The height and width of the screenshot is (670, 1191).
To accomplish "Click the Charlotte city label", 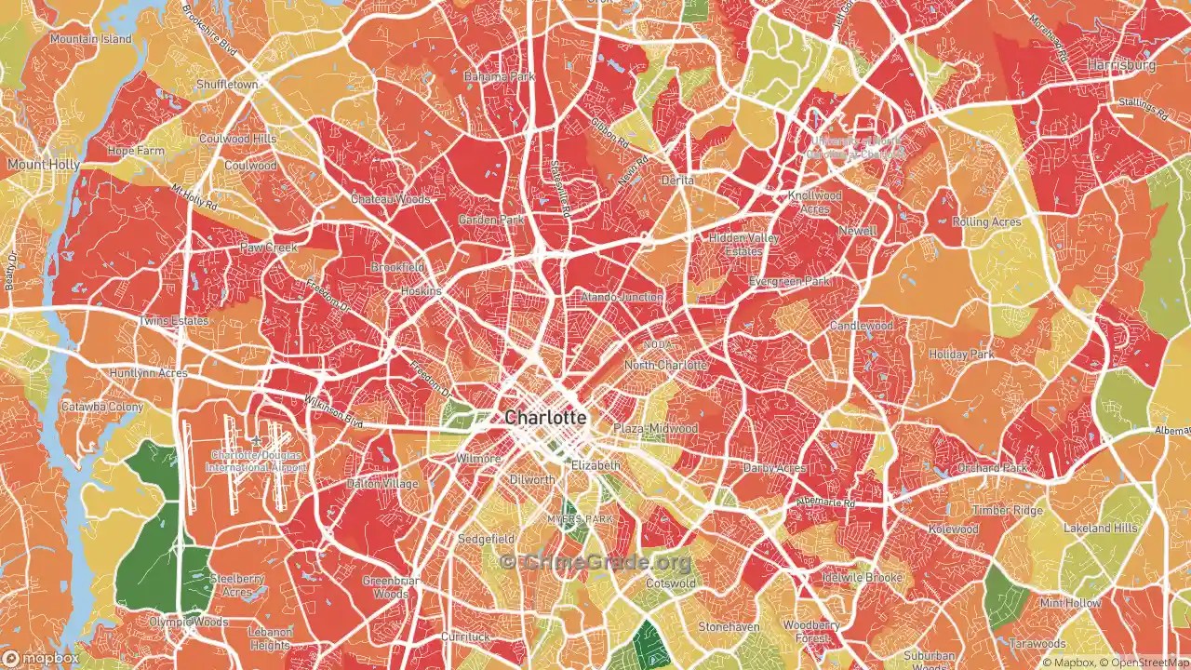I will (x=545, y=418).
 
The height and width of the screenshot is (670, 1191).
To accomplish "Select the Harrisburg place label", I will (x=1121, y=66).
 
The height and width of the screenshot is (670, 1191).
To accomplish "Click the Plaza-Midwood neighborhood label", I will (x=655, y=428).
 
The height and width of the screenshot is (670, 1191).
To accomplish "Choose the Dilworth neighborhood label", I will (x=532, y=480).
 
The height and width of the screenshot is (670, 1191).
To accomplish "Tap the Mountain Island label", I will (x=91, y=40).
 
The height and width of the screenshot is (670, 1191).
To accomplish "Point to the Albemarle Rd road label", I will (x=824, y=502).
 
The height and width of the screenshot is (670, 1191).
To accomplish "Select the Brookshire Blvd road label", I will (x=211, y=28).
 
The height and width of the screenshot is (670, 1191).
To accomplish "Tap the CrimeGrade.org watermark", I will (x=595, y=562).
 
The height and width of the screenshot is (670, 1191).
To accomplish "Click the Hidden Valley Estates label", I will (x=743, y=245).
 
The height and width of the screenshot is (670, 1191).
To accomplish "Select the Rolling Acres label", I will (x=986, y=222).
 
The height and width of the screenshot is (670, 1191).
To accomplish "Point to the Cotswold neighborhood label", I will (x=670, y=583).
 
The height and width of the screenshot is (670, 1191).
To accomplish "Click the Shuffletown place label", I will (x=226, y=85).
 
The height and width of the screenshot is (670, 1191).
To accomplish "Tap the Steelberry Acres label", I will (x=236, y=584).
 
